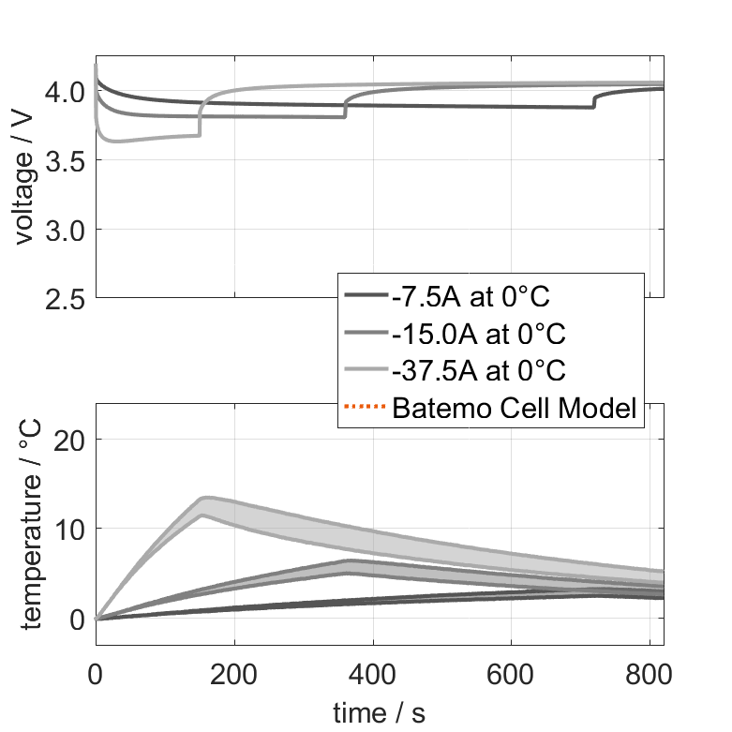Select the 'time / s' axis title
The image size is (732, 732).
379,713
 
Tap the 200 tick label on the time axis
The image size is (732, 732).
233,676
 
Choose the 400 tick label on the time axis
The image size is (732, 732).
372,676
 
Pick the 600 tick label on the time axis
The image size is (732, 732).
511,676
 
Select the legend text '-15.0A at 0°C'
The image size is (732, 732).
479,335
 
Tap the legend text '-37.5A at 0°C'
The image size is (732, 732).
479,371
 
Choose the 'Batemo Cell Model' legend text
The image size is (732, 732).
515,408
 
